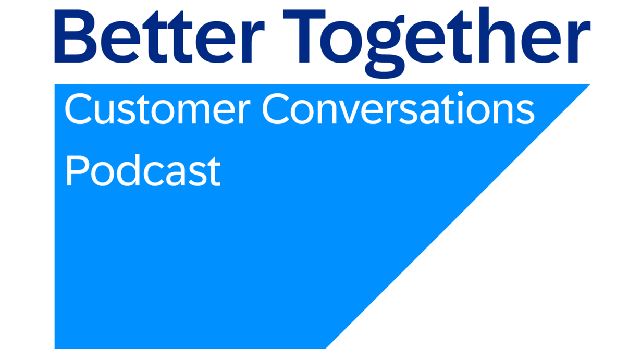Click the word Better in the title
[159, 36]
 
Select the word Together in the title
[437, 42]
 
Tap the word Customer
[158, 109]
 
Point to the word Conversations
[398, 108]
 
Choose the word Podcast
[143, 170]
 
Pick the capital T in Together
[304, 36]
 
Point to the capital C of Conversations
[276, 109]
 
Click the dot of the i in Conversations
[461, 94]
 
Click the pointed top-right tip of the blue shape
[590, 84]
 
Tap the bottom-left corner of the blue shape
[55, 349]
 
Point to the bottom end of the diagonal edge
[326, 349]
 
